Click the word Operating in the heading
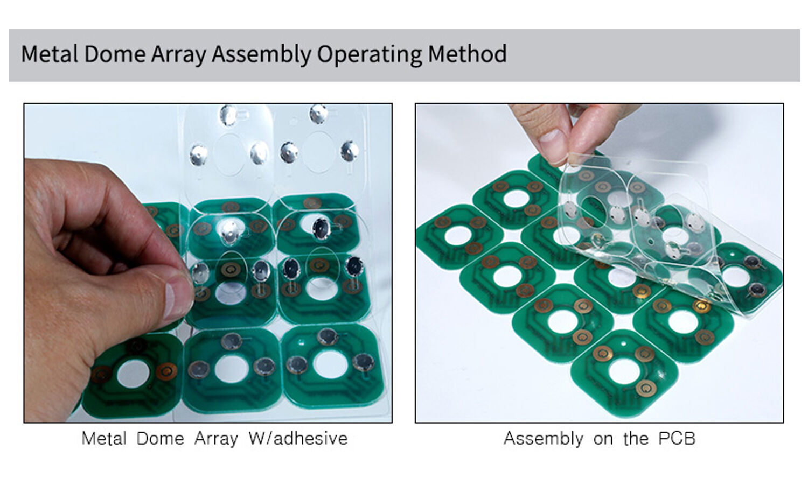[370, 54]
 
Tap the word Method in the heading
[467, 54]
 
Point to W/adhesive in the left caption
[298, 438]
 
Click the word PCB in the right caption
[677, 438]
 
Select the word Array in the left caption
[216, 438]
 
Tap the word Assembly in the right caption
[543, 438]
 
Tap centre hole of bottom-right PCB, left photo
[330, 364]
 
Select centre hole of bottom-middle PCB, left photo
[232, 368]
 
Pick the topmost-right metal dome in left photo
[318, 114]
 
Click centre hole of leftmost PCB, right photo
[457, 235]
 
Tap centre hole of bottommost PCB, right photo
[623, 372]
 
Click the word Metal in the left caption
[104, 438]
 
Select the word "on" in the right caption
[603, 438]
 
